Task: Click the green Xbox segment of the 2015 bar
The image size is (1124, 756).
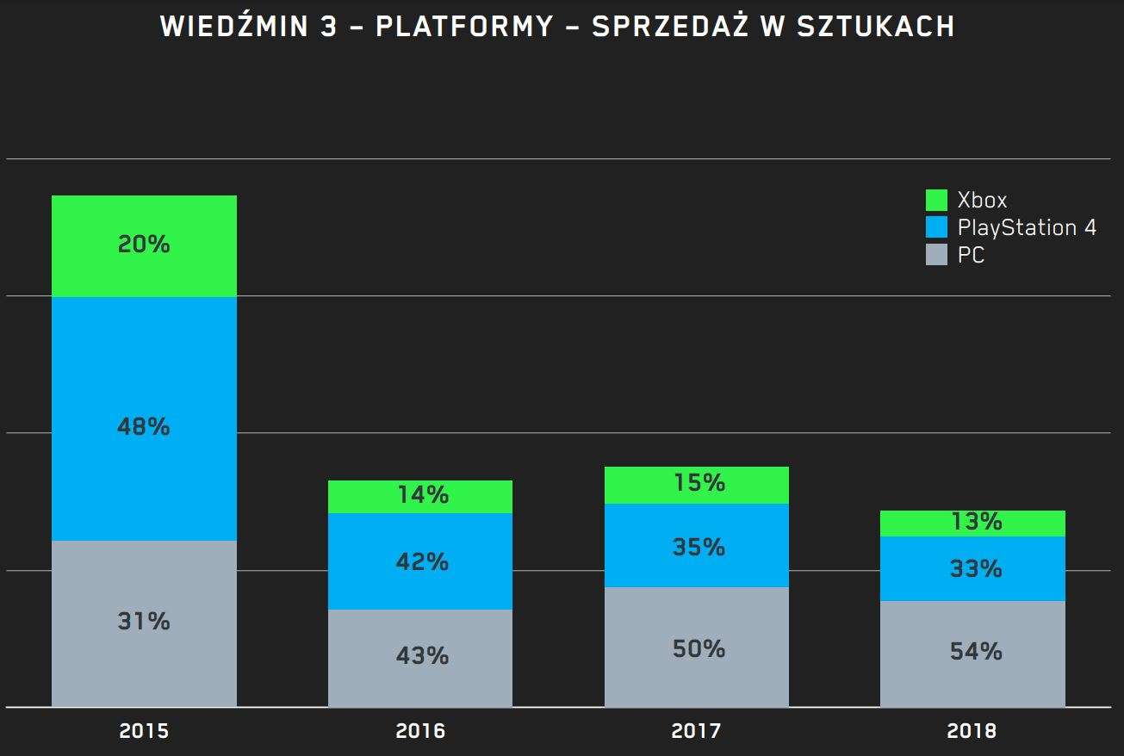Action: click(x=144, y=215)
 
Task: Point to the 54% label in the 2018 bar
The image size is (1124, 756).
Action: click(x=976, y=652)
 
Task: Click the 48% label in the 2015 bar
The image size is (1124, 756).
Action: click(x=144, y=426)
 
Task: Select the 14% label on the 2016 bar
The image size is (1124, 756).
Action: click(x=423, y=495)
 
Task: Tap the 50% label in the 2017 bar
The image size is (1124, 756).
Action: click(x=699, y=648)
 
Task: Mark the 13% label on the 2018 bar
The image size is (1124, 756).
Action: click(x=976, y=522)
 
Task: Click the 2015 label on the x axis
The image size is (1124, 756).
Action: click(x=144, y=732)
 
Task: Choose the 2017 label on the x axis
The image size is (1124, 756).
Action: click(x=696, y=732)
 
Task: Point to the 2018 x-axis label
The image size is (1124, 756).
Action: click(x=972, y=732)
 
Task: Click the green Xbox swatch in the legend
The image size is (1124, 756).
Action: click(x=936, y=201)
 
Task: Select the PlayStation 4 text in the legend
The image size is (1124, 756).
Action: click(x=1027, y=227)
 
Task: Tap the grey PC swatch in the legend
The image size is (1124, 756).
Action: click(x=936, y=254)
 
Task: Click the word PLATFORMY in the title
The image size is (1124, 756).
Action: click(x=464, y=27)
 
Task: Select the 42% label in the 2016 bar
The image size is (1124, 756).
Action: click(x=423, y=562)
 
